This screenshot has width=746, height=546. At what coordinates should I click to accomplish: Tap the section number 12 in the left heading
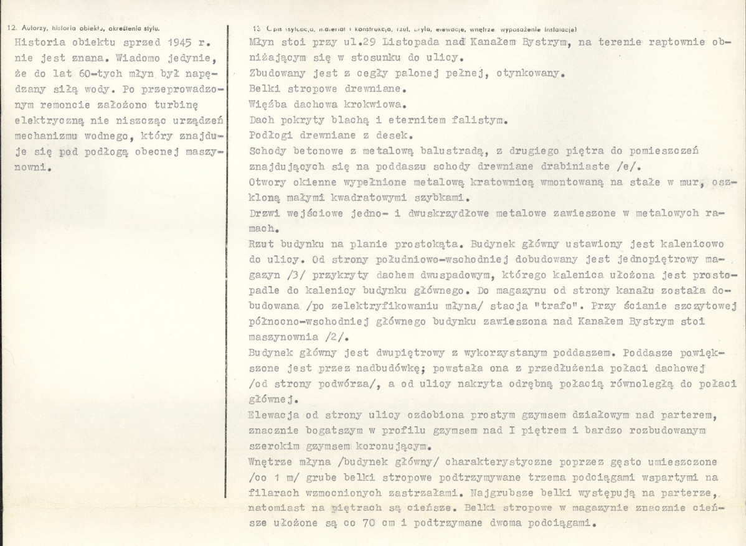pos(9,29)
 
